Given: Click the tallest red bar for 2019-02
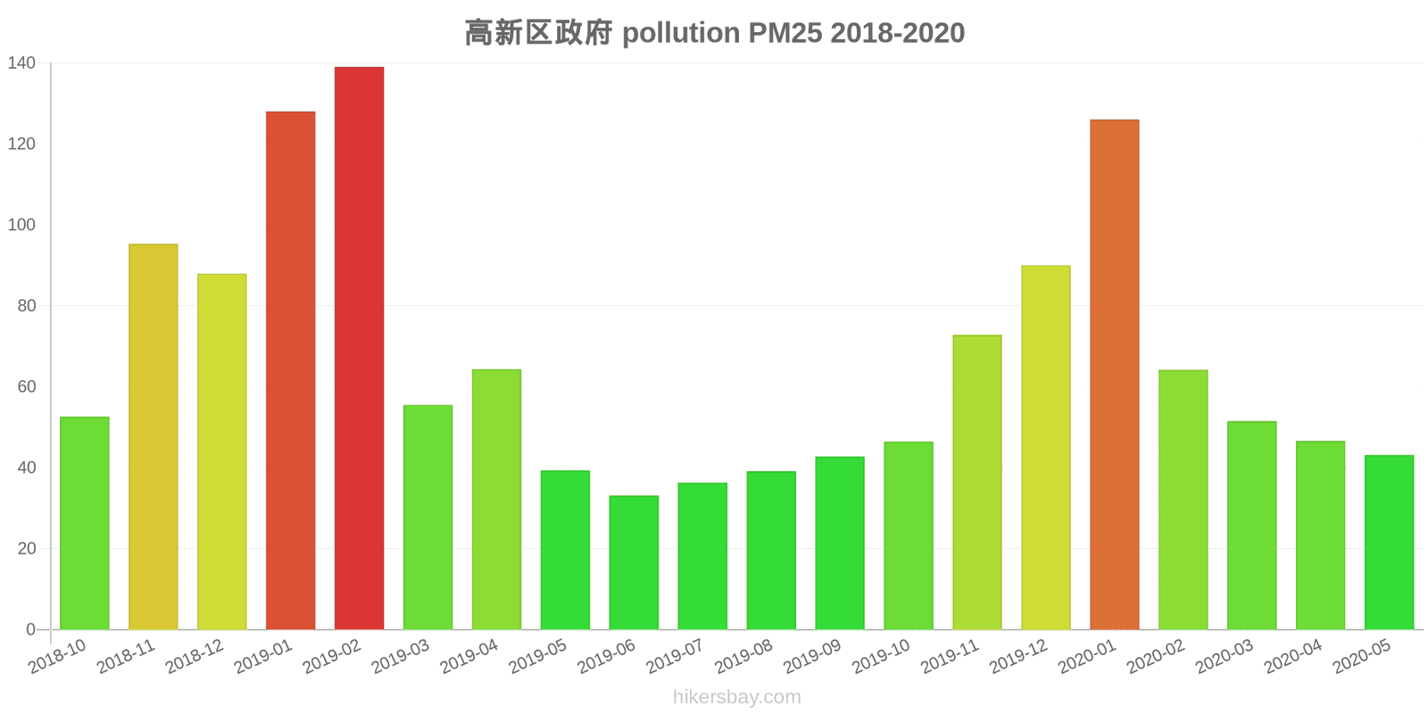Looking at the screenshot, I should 359,348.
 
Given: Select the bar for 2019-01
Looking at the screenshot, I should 290,370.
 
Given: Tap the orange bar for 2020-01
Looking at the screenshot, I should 1114,375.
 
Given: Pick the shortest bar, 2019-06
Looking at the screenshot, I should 634,562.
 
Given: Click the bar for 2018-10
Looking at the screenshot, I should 85,523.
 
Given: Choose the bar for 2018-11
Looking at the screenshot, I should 154,436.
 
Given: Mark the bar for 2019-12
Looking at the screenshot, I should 1045,447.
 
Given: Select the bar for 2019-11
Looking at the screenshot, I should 976,482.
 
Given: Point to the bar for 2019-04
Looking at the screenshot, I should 496,499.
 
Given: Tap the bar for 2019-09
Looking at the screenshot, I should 840,543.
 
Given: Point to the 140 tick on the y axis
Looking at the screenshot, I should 21,62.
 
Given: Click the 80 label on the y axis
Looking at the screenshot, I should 26,306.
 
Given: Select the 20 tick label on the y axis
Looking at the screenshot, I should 26,549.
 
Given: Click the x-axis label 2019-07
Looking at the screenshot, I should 675,658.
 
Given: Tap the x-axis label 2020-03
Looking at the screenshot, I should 1225,658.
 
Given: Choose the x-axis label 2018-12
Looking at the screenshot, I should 195,658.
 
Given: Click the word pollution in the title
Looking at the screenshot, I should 681,33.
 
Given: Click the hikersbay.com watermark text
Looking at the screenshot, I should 736,697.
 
